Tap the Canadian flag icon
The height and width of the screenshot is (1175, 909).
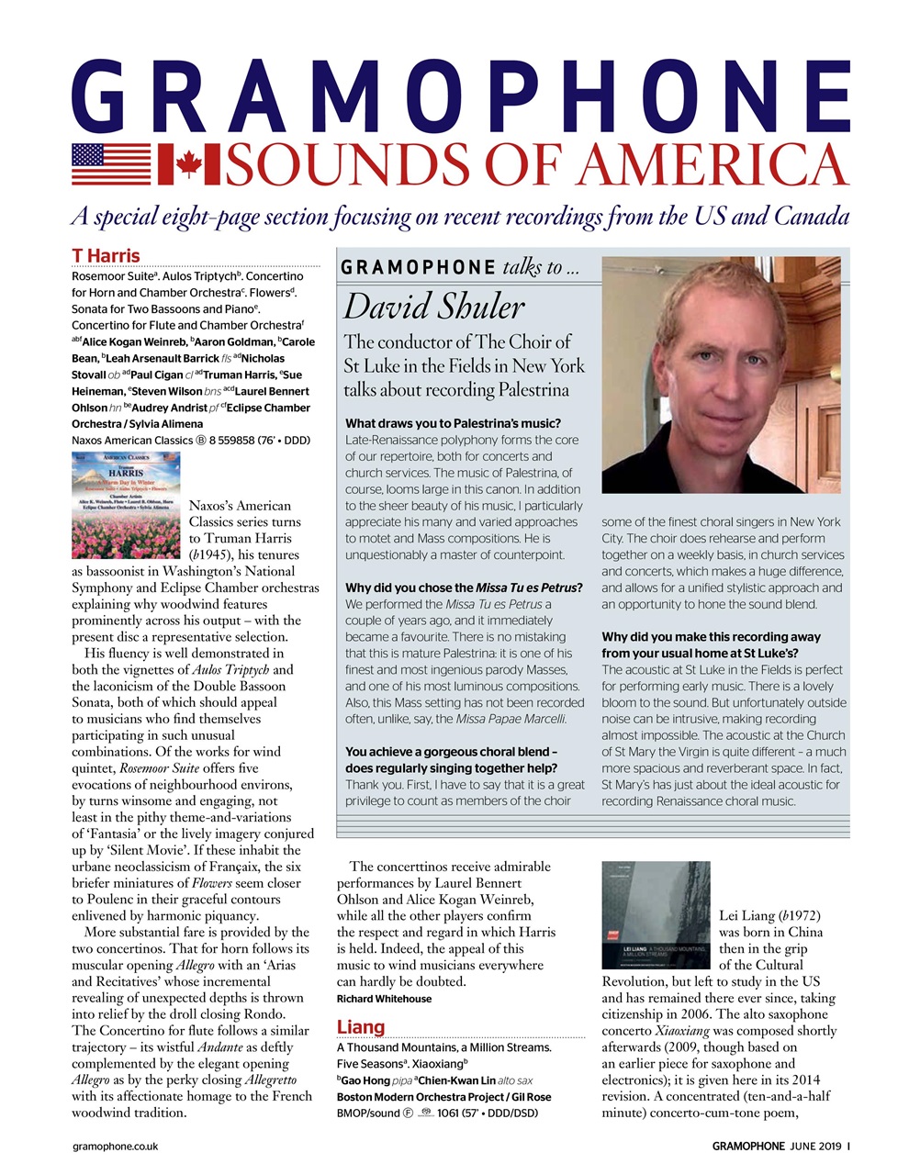pos(188,165)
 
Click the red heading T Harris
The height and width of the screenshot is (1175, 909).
pos(106,255)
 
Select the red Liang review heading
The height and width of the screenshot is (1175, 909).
pos(361,1026)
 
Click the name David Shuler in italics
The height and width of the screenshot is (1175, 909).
pos(434,306)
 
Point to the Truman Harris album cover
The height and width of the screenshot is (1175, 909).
pos(126,505)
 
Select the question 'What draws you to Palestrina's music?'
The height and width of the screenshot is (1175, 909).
pos(453,423)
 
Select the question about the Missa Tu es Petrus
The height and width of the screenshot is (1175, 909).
pos(464,587)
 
